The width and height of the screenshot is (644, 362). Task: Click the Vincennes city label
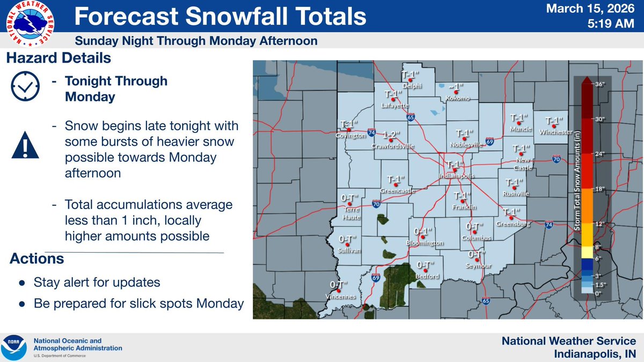point(341,297)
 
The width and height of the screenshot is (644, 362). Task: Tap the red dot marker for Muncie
point(519,123)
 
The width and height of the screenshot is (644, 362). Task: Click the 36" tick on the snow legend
point(600,84)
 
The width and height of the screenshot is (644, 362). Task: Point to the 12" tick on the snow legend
point(600,224)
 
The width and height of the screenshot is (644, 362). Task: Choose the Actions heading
point(37,258)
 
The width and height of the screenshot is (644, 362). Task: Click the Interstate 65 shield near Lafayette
point(410,116)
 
